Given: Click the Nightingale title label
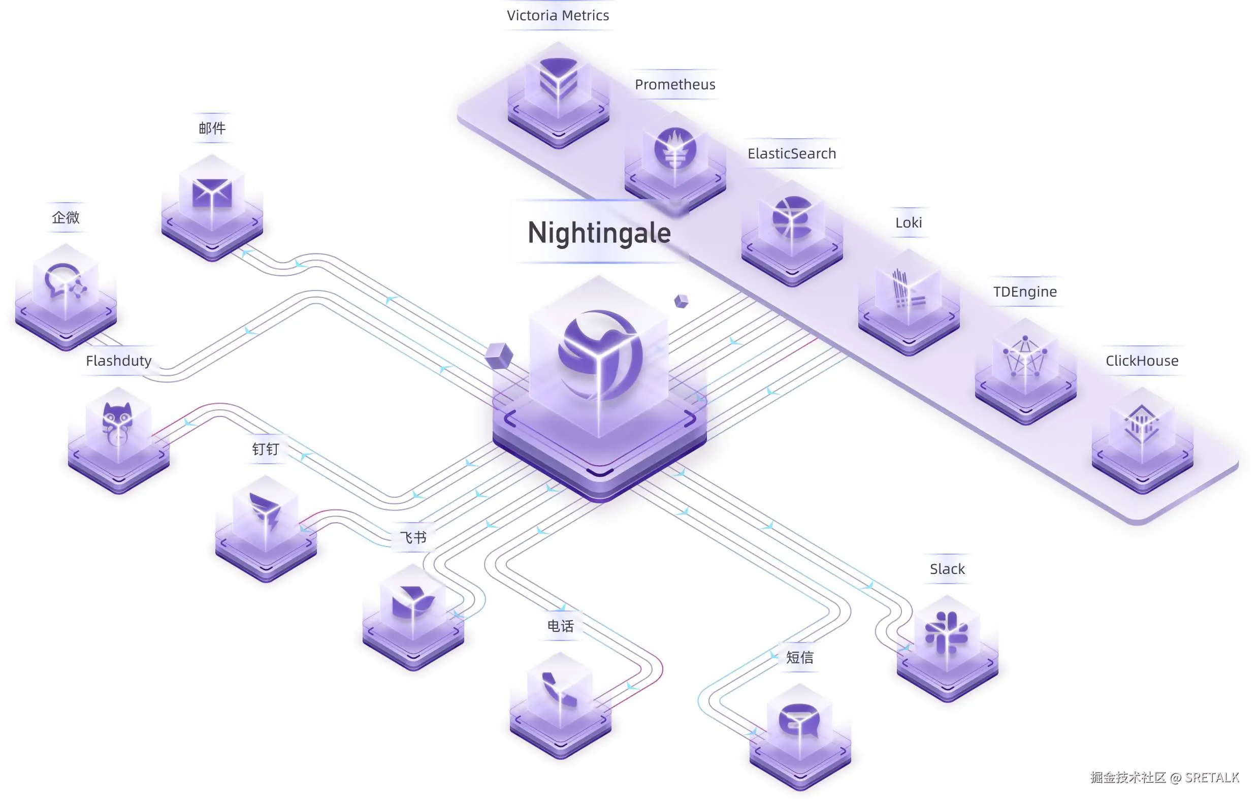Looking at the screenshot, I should [x=599, y=233].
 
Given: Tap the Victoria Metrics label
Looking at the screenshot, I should [x=558, y=16].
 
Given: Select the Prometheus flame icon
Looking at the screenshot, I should [x=675, y=148].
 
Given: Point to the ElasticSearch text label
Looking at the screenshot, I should [x=792, y=154].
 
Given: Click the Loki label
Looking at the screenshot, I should [x=908, y=222].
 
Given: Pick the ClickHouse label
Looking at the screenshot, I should [x=1142, y=361].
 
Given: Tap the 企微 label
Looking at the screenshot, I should [x=66, y=217].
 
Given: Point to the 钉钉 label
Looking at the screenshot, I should [x=266, y=449].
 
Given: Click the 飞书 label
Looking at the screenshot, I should [x=413, y=537].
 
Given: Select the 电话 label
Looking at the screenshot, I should [x=561, y=626].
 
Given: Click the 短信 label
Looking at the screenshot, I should [x=800, y=657].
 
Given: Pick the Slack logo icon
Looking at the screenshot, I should [x=946, y=631].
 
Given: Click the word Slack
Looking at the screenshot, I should [x=947, y=569].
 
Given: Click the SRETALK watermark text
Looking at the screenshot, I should [x=1211, y=778].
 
